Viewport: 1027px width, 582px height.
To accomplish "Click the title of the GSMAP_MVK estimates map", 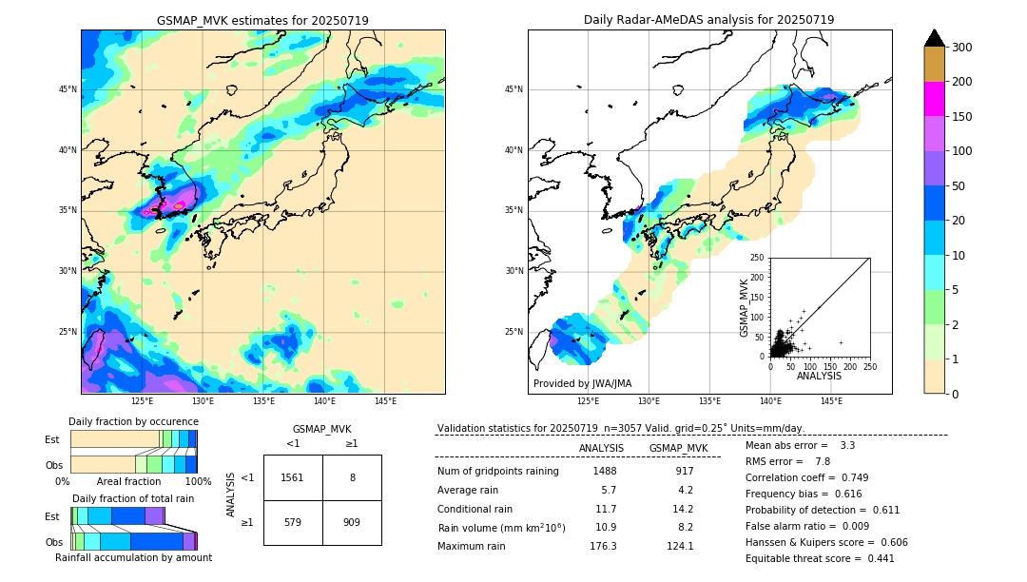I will tap(262, 20).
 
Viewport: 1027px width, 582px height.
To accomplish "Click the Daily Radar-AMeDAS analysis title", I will tap(708, 20).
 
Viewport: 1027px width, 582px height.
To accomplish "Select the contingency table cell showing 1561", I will tap(293, 477).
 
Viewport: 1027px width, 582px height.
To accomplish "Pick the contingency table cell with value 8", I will tap(352, 477).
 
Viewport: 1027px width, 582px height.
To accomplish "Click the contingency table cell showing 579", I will tap(293, 522).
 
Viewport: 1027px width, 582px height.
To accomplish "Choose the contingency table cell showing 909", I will tap(352, 522).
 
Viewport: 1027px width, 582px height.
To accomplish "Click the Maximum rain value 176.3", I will tap(603, 546).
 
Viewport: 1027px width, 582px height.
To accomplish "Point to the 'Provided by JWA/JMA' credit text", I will tap(582, 383).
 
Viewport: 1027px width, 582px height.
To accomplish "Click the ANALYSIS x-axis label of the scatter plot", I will tap(819, 376).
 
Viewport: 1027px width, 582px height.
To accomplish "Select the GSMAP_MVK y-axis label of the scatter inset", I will tap(746, 307).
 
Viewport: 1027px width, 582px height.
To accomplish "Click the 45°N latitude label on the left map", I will tap(68, 89).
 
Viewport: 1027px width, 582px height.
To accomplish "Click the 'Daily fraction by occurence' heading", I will tap(133, 421).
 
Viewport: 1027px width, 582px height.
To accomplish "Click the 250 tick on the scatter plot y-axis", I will tap(758, 258).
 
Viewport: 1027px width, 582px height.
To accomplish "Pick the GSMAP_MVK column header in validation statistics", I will tap(678, 448).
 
